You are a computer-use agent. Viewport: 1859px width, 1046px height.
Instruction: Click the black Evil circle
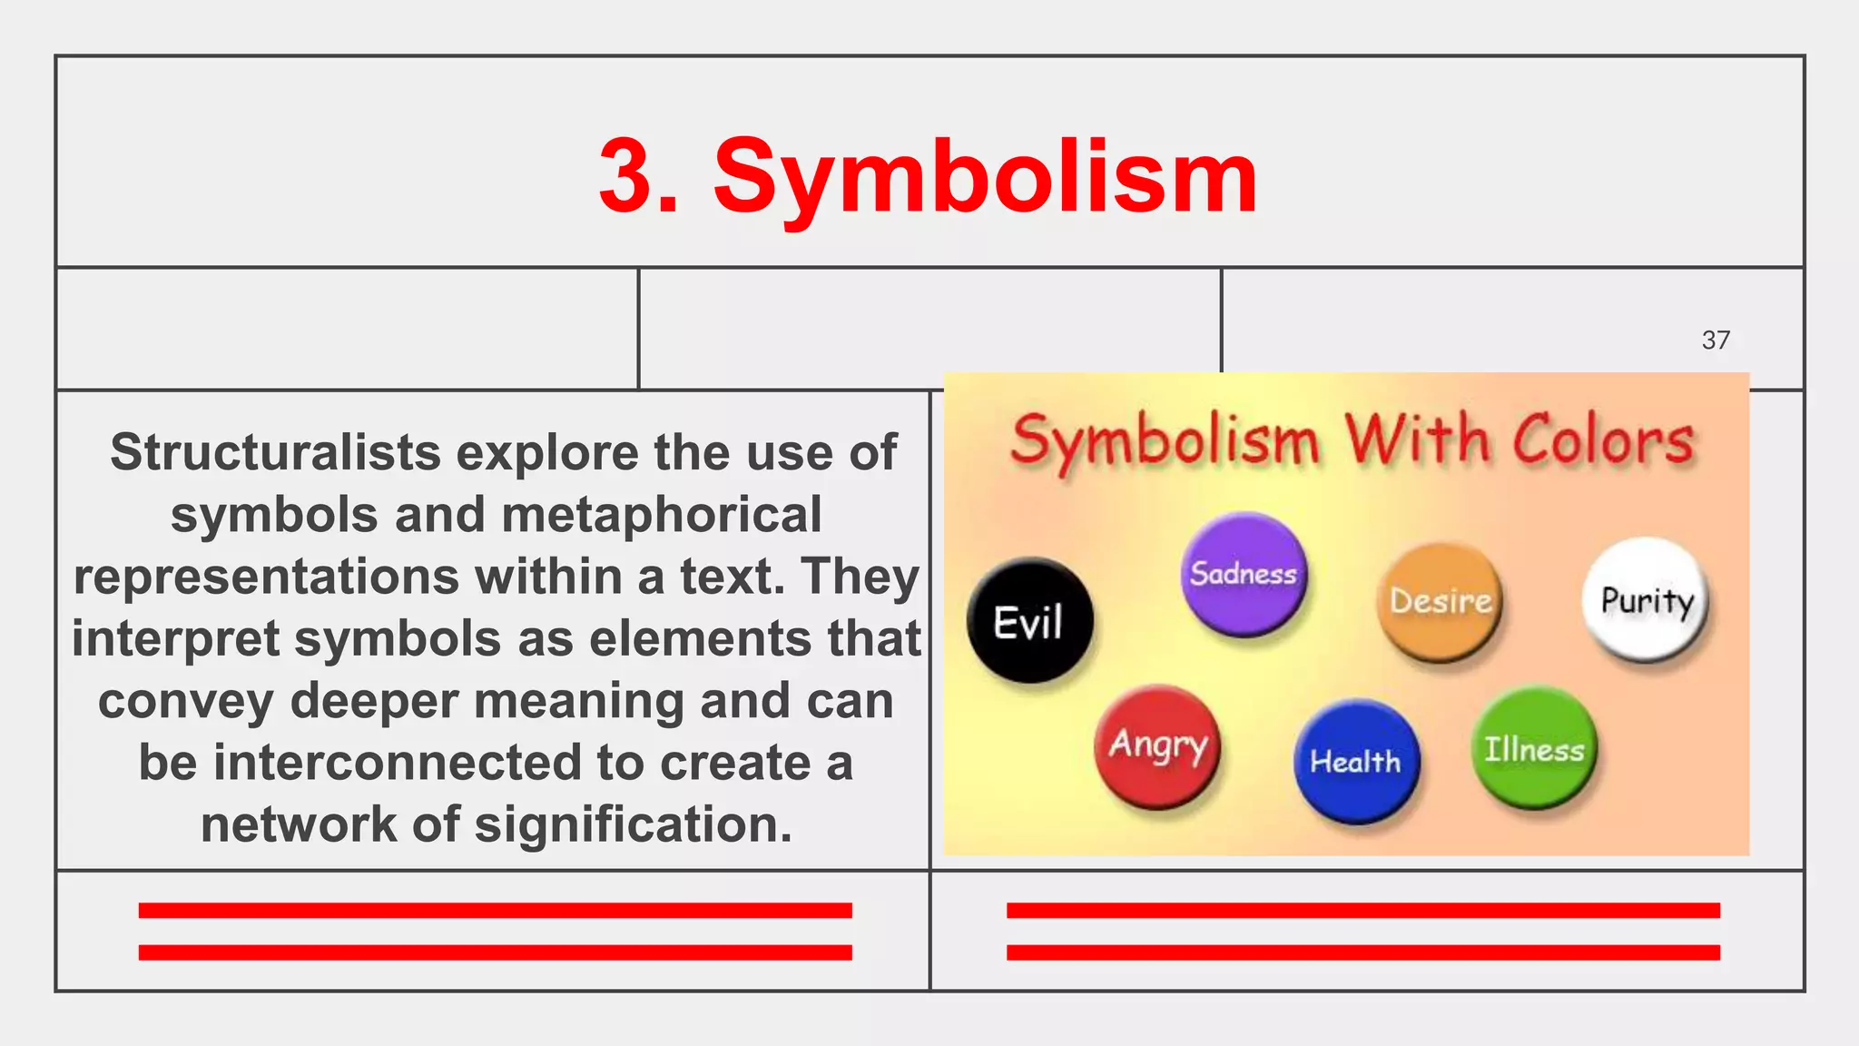click(1029, 621)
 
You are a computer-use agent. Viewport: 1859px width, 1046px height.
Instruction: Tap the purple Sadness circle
click(1244, 574)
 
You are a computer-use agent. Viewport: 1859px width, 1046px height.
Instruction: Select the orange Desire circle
click(1441, 601)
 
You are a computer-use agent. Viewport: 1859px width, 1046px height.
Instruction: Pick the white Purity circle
click(1646, 599)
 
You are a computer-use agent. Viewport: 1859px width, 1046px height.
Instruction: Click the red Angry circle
click(1157, 746)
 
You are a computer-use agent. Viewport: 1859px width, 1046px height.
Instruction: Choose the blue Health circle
click(1355, 761)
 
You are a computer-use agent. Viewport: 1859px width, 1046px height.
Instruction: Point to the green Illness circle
click(1534, 749)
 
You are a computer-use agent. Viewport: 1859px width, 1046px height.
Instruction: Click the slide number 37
click(1716, 340)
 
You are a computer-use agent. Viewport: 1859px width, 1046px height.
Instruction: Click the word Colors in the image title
click(1603, 440)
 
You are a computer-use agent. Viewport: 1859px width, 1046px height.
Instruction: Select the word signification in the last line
click(633, 824)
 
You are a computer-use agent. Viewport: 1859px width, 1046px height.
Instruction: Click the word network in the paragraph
click(299, 824)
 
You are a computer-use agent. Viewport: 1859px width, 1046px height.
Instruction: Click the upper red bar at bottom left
click(495, 911)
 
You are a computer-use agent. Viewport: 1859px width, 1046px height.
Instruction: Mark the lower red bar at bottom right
click(1362, 952)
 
